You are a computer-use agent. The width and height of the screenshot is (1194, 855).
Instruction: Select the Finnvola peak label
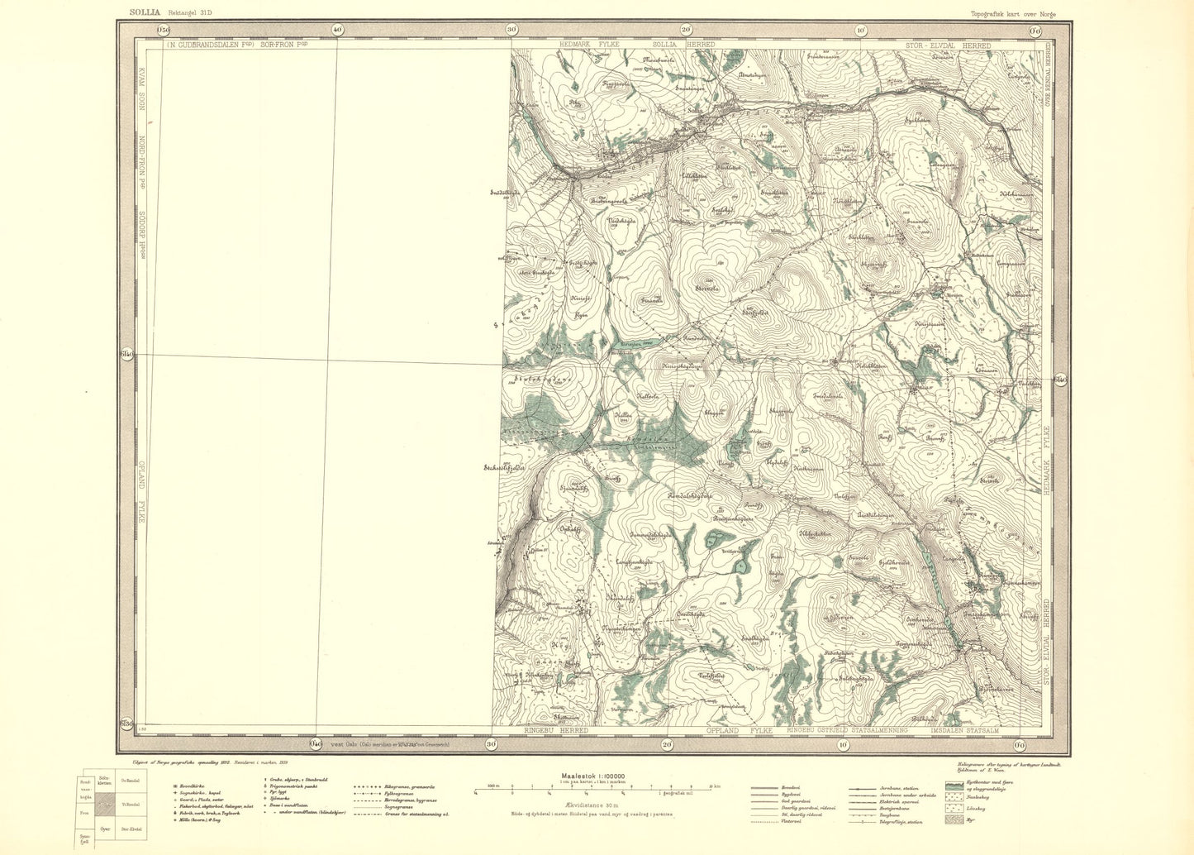point(653,300)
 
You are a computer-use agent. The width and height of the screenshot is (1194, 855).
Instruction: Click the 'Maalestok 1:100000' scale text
point(592,776)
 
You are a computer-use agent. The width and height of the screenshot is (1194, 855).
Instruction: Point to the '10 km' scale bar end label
point(715,786)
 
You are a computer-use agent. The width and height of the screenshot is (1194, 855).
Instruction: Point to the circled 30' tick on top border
point(511,30)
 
